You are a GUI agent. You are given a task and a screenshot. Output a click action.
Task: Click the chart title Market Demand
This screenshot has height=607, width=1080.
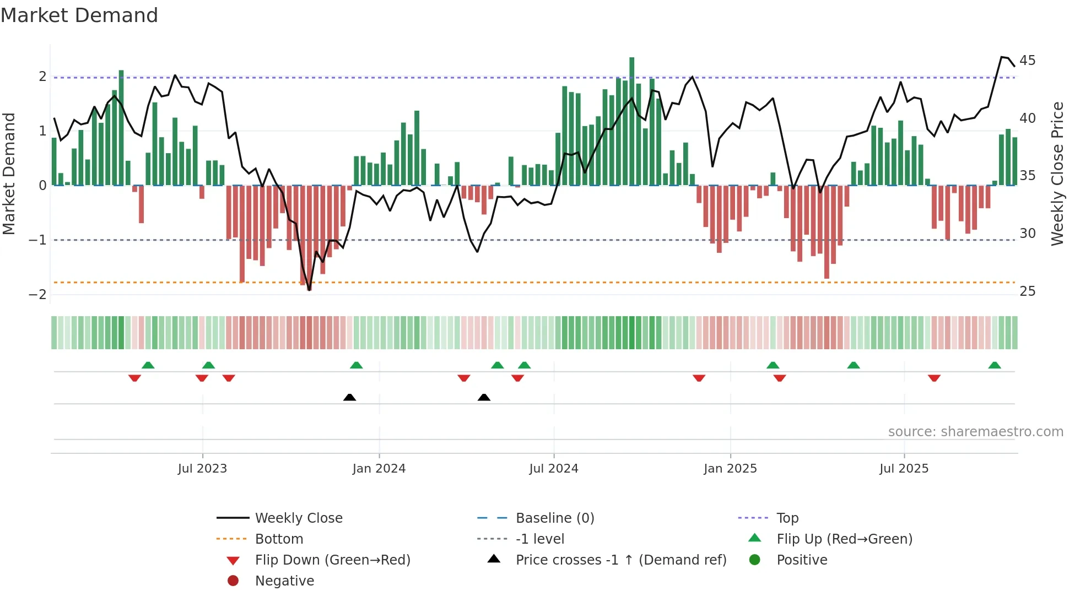pos(79,15)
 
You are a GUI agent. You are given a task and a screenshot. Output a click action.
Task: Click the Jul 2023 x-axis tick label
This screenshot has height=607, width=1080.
pos(202,469)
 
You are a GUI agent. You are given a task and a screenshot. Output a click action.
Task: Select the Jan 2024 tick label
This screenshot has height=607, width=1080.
pos(379,469)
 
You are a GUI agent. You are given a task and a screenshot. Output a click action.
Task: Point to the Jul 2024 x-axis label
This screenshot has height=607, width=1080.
pos(553,469)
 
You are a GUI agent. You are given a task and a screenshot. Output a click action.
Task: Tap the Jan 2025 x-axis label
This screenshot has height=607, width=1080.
pos(730,469)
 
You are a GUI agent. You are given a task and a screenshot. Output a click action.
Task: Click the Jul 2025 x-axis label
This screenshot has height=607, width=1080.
pos(904,469)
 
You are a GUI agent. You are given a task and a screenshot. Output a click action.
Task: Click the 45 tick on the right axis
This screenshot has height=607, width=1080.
pos(1027,60)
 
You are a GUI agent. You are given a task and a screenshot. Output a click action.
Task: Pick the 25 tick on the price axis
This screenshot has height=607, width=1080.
pos(1027,291)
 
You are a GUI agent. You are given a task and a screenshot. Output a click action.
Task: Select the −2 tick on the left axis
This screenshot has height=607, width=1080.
pos(37,294)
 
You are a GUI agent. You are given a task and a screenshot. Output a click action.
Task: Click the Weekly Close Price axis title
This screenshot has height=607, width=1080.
pos(1057,174)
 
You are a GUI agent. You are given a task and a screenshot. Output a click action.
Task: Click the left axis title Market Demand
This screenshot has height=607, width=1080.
pos(9,174)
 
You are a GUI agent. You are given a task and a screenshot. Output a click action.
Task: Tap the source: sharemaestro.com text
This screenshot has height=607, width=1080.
pos(975,432)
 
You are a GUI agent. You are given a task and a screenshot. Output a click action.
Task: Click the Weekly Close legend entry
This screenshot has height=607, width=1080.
pos(298,518)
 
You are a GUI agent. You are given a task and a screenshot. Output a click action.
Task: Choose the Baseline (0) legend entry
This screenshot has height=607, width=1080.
pos(554,518)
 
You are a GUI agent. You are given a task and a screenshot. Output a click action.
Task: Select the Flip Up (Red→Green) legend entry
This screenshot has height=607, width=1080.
pos(844,539)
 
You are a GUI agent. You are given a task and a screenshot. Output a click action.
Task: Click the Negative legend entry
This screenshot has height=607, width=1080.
pos(284,581)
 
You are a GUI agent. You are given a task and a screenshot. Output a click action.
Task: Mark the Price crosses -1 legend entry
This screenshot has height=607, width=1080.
pos(620,560)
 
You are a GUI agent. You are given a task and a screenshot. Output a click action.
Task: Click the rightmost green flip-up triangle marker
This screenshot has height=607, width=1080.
pos(995,365)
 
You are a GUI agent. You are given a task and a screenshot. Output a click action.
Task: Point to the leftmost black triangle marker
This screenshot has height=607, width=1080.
pos(349,397)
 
